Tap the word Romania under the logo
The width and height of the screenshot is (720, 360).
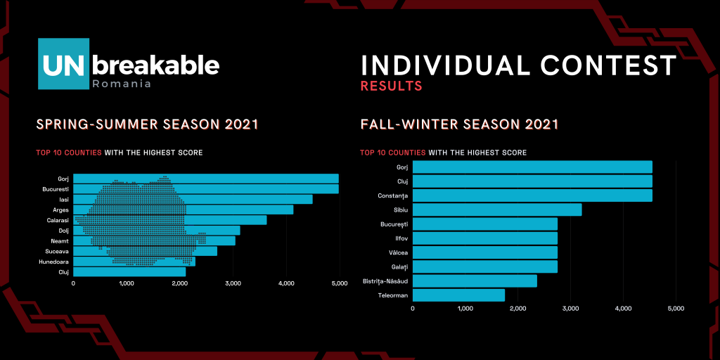(122, 84)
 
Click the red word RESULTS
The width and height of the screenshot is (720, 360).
(391, 86)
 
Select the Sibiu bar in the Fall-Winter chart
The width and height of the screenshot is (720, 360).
(496, 210)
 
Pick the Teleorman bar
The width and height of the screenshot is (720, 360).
(458, 295)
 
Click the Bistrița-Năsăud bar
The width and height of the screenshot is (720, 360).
(475, 281)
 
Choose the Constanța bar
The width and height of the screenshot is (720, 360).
(532, 195)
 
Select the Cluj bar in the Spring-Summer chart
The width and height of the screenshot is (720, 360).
(129, 271)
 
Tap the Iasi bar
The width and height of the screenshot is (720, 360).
(193, 199)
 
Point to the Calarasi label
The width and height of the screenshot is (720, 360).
(58, 219)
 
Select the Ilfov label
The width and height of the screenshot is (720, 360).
(401, 238)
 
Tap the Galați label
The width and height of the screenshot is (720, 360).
(399, 266)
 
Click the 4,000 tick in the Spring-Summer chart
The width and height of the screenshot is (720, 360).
(285, 283)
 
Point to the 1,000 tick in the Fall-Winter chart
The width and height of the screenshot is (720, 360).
(465, 308)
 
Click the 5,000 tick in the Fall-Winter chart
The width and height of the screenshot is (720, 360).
(676, 308)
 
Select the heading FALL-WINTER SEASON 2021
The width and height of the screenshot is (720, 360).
(459, 125)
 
